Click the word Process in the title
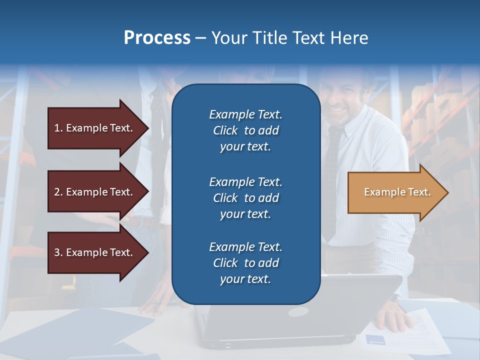pyautogui.click(x=157, y=38)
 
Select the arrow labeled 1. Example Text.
pyautogui.click(x=95, y=128)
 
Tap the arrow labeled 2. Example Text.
pyautogui.click(x=95, y=192)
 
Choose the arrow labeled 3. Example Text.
pyautogui.click(x=95, y=252)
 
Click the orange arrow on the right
pyautogui.click(x=395, y=192)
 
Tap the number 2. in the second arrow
pyautogui.click(x=58, y=192)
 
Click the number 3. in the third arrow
pyautogui.click(x=58, y=252)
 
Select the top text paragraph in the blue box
pyautogui.click(x=245, y=130)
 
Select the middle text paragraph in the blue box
pyautogui.click(x=245, y=198)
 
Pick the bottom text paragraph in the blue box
pyautogui.click(x=245, y=263)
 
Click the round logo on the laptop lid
pyautogui.click(x=298, y=311)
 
